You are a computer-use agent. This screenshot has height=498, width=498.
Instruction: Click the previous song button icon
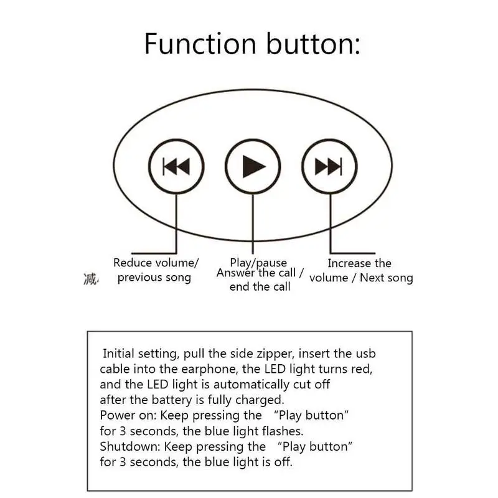pos(176,166)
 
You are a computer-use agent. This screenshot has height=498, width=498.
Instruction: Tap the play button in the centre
pos(253,166)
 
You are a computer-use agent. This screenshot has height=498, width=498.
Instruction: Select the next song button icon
pos(329,166)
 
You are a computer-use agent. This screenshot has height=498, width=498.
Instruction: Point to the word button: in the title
pos(313,44)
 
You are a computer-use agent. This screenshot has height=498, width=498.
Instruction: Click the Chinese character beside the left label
pos(91,279)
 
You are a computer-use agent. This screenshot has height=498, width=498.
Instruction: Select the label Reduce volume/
pos(156,263)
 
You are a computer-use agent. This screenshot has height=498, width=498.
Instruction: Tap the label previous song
pos(154,278)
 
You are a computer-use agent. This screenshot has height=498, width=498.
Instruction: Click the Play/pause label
pos(258,263)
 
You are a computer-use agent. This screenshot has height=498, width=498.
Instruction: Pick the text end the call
pos(260,287)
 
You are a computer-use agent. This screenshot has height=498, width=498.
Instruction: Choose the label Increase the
pos(360,263)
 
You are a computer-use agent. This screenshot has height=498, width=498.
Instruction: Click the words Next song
pos(387,278)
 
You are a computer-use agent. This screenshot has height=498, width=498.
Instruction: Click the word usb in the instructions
pos(365,354)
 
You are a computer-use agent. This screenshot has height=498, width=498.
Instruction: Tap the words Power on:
pos(128,415)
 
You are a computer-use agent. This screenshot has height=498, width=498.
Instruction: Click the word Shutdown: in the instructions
pos(130,446)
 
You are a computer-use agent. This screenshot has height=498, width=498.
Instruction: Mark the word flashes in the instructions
pos(283,431)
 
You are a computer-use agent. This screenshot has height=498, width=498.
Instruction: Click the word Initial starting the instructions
pos(118,354)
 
